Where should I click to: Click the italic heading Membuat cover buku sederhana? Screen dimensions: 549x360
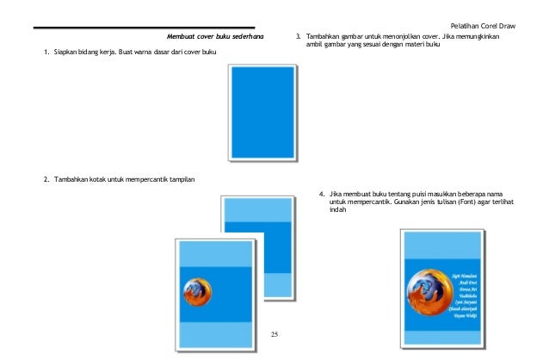[x=214, y=37]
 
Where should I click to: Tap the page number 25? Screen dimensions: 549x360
[x=274, y=333]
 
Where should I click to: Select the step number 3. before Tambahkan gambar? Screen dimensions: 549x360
[x=298, y=37]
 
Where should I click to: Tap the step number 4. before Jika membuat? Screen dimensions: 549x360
[x=322, y=195]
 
